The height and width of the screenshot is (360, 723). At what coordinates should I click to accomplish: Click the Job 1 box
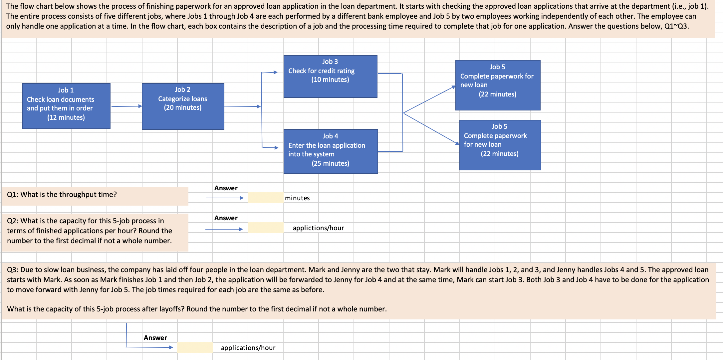pos(66,106)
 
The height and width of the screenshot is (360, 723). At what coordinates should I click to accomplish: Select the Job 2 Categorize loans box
pos(183,106)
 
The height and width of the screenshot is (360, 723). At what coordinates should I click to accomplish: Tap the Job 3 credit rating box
pos(331,77)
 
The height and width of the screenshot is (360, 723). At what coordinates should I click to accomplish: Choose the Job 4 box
pos(331,151)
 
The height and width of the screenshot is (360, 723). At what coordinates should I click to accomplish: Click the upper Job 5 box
pos(498,85)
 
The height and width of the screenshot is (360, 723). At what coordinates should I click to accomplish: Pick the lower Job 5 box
pos(500,145)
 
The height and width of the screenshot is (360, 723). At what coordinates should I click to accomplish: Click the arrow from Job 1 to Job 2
pos(126,106)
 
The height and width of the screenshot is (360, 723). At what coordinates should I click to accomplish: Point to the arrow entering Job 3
pos(269,72)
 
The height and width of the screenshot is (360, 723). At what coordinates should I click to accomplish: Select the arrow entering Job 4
pos(270,147)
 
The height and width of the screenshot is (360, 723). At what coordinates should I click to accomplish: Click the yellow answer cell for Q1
pos(266,198)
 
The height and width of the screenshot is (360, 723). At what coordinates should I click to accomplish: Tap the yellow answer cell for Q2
pos(266,228)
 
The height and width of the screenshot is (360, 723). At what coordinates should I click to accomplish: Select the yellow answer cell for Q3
pos(195,347)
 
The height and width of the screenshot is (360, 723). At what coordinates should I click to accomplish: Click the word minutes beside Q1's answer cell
pos(297,198)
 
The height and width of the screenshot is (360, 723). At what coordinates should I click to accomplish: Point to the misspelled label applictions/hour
pos(319,228)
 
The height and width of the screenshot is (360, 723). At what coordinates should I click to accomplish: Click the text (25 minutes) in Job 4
pos(331,163)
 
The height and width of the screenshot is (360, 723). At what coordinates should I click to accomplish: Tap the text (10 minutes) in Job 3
pos(330,80)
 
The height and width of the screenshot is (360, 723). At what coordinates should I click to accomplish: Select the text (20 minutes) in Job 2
pos(183,107)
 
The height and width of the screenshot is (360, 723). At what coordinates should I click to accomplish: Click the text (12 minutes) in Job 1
pos(66,117)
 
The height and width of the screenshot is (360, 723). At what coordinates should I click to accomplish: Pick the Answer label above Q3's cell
pos(155,338)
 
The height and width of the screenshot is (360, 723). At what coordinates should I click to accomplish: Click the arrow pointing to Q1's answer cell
pos(225,198)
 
